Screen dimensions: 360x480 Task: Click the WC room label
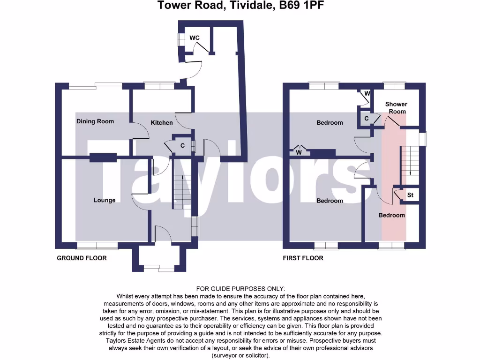(195, 37)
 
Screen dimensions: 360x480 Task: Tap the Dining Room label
(95, 121)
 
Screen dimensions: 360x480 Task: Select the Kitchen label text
(162, 123)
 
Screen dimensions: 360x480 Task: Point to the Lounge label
(105, 200)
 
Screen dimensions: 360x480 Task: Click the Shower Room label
(396, 108)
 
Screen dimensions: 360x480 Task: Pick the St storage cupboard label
(410, 195)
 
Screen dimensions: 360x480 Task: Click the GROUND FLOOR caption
(82, 258)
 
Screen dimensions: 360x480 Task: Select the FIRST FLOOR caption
(303, 258)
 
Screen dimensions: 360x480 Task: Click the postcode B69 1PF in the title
(301, 6)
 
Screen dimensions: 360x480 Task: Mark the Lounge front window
(97, 245)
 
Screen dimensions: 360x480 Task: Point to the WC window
(179, 40)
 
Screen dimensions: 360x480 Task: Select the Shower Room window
(394, 85)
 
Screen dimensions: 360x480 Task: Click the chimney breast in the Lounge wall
(103, 157)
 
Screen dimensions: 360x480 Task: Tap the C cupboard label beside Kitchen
(183, 146)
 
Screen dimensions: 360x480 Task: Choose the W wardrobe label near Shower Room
(367, 94)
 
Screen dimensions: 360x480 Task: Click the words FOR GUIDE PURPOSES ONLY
(240, 289)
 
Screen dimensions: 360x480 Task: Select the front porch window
(159, 268)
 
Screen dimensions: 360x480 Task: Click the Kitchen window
(159, 86)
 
